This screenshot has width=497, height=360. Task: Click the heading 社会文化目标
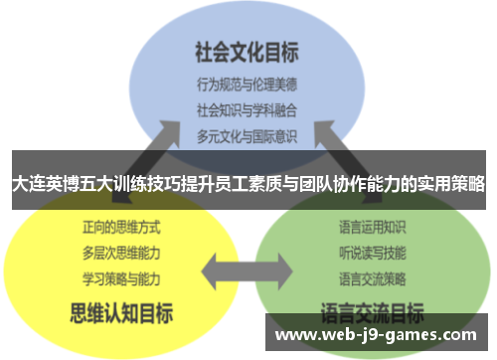click(x=247, y=51)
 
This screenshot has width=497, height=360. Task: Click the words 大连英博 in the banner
click(x=42, y=185)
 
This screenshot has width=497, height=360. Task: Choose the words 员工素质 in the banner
click(x=245, y=185)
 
